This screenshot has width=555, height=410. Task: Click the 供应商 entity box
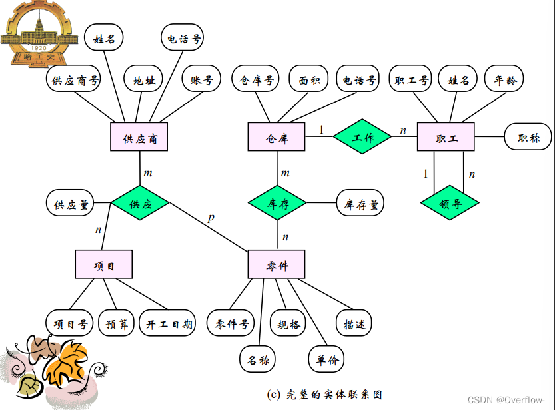(139, 138)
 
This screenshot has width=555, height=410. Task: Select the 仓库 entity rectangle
(277, 138)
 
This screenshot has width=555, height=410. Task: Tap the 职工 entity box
(446, 138)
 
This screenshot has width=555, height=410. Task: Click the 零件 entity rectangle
(277, 265)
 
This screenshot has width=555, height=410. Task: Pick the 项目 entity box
(104, 265)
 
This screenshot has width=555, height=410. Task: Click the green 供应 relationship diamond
(140, 204)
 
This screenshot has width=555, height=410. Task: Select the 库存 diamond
(277, 204)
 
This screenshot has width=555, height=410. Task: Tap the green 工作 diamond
(362, 138)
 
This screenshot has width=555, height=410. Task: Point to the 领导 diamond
(450, 203)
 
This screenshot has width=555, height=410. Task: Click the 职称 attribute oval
(529, 138)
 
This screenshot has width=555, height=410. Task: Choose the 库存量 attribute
(361, 204)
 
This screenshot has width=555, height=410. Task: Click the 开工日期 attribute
(169, 324)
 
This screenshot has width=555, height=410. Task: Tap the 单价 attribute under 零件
(327, 360)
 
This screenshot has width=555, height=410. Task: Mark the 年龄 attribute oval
(504, 80)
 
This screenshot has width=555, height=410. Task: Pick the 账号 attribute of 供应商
(201, 80)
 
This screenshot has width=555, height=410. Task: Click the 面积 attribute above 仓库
(308, 80)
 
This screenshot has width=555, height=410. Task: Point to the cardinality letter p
(211, 217)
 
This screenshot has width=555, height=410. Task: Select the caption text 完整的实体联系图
(324, 393)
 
